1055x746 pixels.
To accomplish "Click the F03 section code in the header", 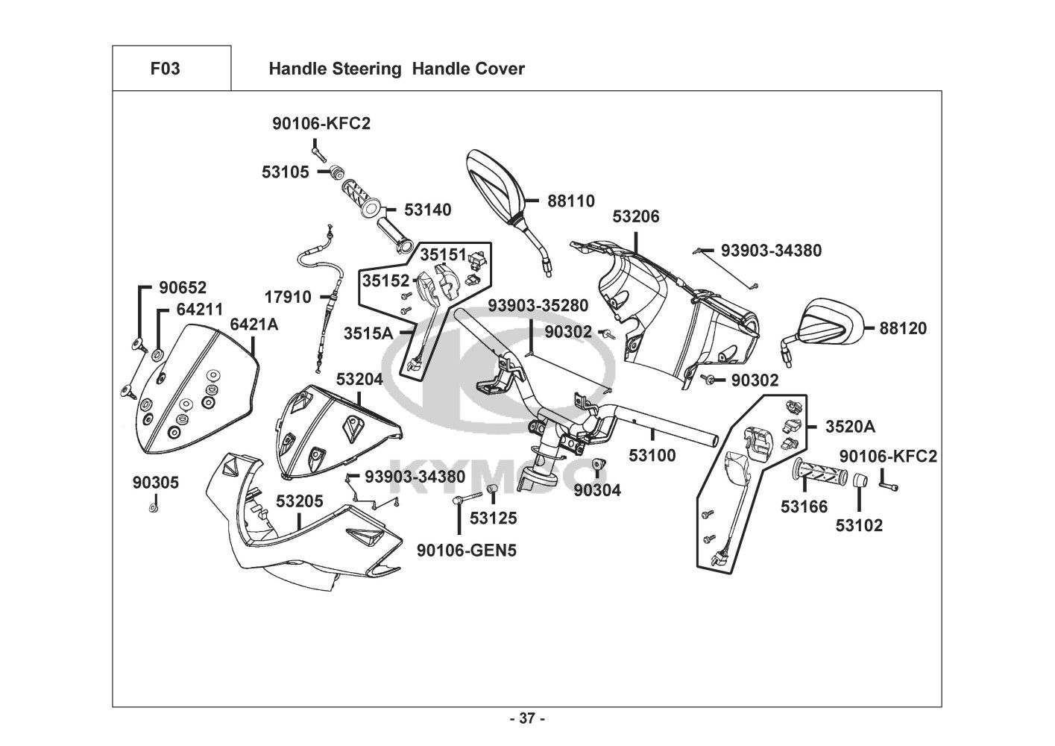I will pos(165,69).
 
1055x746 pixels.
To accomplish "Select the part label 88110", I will pos(570,201).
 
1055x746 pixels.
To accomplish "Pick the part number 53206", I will pos(636,216).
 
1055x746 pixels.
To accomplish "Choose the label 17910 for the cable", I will pos(287,297).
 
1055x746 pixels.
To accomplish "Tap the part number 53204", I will pos(359,379).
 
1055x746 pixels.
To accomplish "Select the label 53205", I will pos(300,501).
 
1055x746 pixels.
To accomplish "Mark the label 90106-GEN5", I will pos(467,551).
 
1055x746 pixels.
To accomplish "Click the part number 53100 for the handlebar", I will pos(652,455).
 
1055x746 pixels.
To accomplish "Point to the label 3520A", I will pos(850,427).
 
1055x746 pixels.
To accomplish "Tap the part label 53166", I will pos(804,507).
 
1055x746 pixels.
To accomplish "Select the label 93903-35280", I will pos(538,306).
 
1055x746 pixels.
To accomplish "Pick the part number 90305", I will pos(156,483).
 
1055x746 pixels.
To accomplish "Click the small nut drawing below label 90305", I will pos(153,508).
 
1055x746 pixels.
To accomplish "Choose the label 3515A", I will pos(368,333).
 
